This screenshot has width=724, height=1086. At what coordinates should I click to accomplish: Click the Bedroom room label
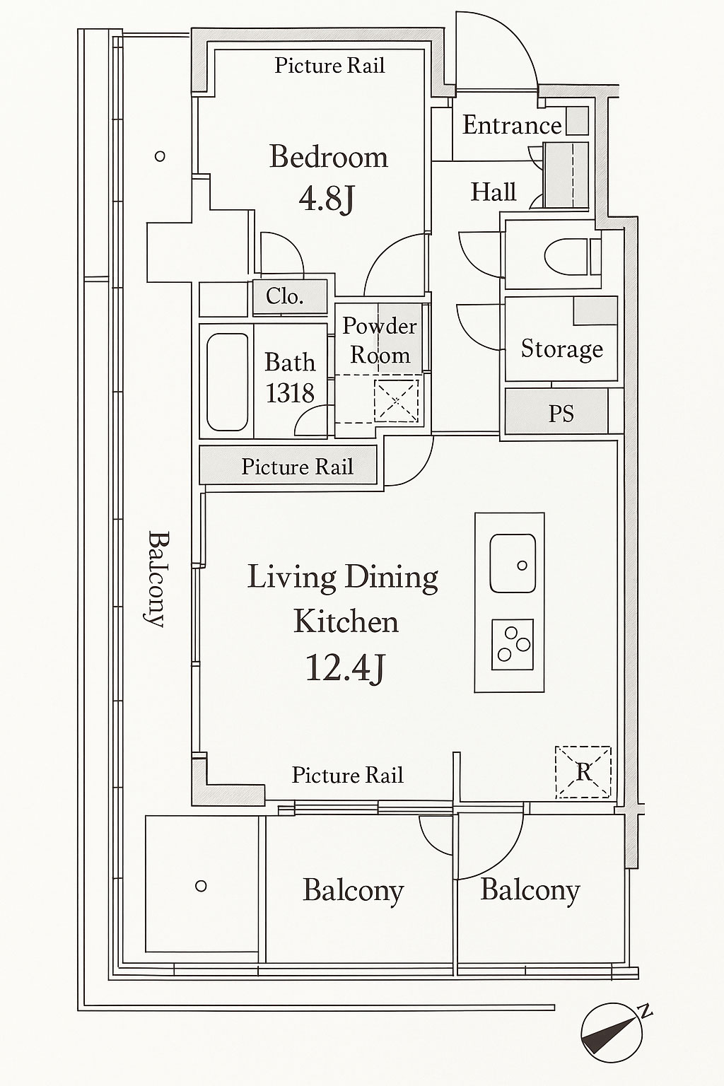pos(329,156)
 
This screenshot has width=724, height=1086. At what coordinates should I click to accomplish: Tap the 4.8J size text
pos(327,199)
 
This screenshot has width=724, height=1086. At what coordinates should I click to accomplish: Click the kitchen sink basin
pos(513,564)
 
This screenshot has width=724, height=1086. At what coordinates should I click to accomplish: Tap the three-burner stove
pos(513,644)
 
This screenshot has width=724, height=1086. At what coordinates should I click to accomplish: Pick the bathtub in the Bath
pos(228,382)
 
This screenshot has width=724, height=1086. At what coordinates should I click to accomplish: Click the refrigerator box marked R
pos(583,772)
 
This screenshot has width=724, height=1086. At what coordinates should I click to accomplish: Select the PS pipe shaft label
pos(561,414)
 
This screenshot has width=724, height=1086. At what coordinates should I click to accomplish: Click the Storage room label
pos(561,349)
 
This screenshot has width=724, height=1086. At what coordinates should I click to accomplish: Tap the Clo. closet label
pos(285,296)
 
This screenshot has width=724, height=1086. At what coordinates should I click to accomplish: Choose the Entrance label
pos(512,125)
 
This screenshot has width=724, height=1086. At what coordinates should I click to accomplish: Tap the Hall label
pos(494,192)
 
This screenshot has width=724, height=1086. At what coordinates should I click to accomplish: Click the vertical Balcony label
pos(158,578)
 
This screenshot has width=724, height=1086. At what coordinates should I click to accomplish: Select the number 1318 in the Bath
pos(290,393)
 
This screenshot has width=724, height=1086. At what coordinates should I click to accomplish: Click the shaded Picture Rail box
pos(288,465)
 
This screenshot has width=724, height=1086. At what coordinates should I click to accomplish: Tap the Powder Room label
pos(380,340)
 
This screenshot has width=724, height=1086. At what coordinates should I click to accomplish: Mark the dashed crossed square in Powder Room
pos(396,400)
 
